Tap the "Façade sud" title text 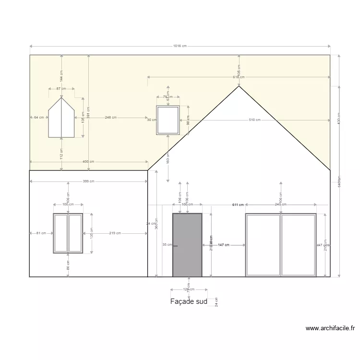coord(189,302)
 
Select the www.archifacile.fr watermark coord(330,328)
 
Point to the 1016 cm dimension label coord(180,46)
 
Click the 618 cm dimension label coord(239,77)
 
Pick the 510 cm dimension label coord(254,120)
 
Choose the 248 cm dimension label coord(110,117)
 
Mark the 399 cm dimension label coord(88,181)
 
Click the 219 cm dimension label coord(115,233)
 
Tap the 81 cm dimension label coord(41,233)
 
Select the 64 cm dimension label coord(39,117)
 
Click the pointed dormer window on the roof coord(61,120)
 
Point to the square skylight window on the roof coord(168,120)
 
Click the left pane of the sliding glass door coord(263,245)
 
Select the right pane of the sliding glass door coord(298,245)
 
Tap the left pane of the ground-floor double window coord(61,233)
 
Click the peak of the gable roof coord(239,86)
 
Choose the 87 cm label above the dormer coord(61,89)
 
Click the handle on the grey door coord(175,246)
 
